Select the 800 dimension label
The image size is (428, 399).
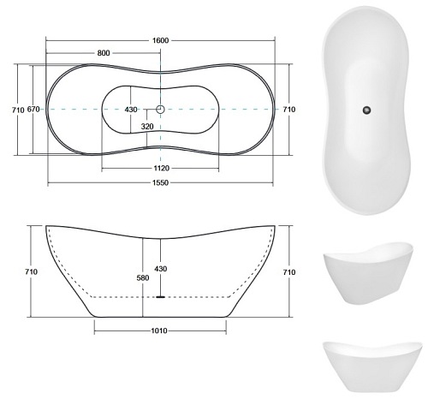click(x=104, y=53)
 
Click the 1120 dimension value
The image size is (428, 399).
click(x=161, y=168)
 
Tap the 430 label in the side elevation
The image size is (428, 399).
click(x=160, y=270)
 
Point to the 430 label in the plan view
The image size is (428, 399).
click(x=131, y=110)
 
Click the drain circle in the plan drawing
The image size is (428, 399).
click(x=160, y=110)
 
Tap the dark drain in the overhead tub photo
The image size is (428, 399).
click(x=366, y=109)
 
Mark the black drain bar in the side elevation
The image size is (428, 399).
click(x=160, y=296)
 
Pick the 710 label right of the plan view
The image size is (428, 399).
click(x=289, y=110)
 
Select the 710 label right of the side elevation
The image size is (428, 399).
click(x=289, y=271)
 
